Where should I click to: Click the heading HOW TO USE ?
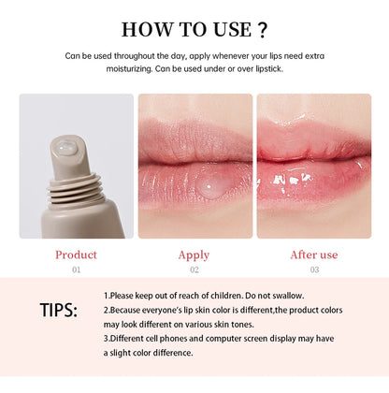tap(194, 27)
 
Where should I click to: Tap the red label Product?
tap(76, 254)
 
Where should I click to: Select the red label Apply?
tap(194, 254)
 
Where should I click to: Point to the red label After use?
tap(313, 254)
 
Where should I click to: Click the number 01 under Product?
tap(76, 269)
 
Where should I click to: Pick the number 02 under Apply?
tap(194, 269)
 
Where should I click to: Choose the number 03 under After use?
tap(313, 269)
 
